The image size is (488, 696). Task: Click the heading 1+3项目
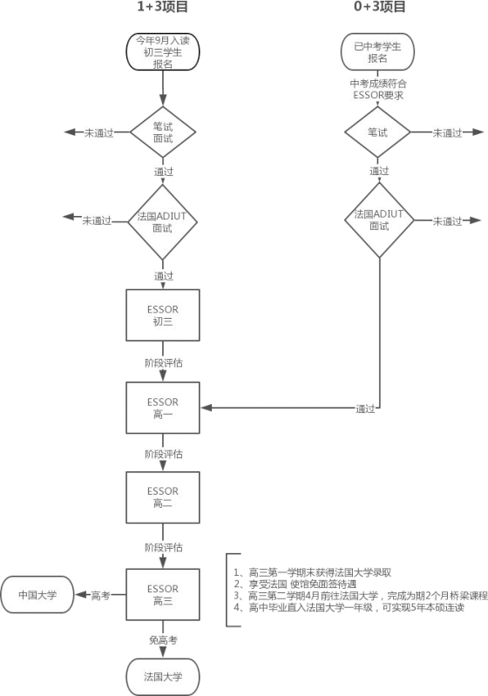162,6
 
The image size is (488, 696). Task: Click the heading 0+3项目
379,6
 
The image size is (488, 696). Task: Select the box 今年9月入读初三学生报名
162,51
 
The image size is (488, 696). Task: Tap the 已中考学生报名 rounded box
377,51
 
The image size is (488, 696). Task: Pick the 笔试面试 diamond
162,132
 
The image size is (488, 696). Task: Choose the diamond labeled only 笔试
377,132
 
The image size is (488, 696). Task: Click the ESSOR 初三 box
162,315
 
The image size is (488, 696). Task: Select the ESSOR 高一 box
162,408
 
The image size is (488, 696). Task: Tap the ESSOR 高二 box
162,497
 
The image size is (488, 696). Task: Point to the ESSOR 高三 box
162,594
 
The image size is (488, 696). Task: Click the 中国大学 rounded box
37,595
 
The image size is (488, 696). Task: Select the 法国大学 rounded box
162,677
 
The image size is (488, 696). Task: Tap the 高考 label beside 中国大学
100,595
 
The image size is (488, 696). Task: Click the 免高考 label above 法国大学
163,640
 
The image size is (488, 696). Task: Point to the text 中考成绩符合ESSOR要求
378,89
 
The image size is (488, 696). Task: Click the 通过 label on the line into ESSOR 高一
365,409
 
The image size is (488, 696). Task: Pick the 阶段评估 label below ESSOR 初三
164,362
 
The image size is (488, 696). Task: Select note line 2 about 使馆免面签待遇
295,585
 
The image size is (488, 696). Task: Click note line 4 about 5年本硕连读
349,607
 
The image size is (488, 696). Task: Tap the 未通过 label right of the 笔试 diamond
447,132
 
